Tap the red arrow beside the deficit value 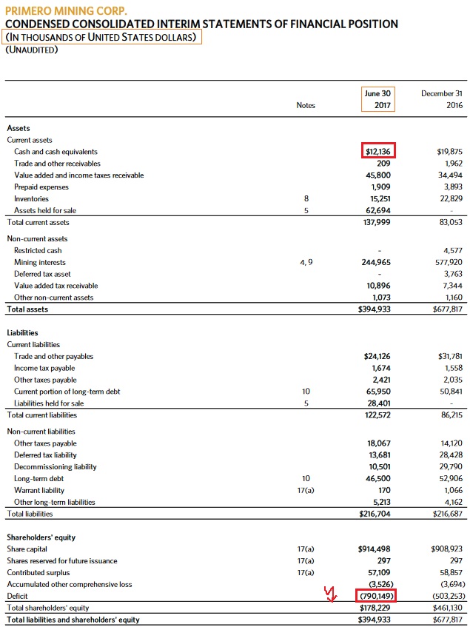click(332, 594)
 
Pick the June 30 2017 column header click(377, 99)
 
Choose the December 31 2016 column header click(442, 99)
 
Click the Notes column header click(306, 105)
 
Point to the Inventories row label click(32, 199)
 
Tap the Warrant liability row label click(39, 490)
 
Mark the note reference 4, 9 click(306, 262)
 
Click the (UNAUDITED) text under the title click(31, 50)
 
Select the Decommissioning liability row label click(56, 466)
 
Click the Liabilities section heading click(22, 333)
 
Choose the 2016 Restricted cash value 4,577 click(451, 250)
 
